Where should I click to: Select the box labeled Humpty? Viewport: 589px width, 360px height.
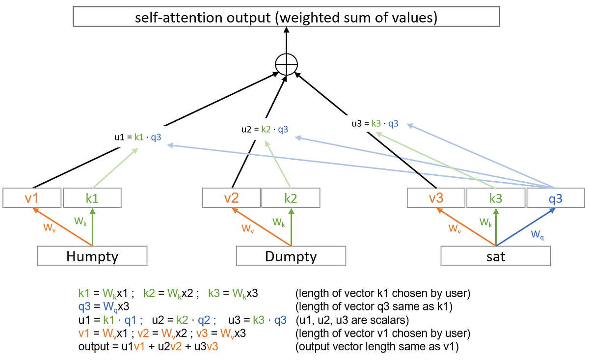pyautogui.click(x=92, y=256)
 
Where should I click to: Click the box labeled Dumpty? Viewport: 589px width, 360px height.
pyautogui.click(x=291, y=256)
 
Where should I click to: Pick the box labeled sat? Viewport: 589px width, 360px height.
pyautogui.click(x=496, y=256)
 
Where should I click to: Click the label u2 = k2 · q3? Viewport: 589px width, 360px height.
pyautogui.click(x=265, y=130)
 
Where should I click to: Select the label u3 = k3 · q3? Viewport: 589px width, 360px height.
pyautogui.click(x=375, y=123)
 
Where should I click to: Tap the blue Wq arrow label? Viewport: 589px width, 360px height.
pyautogui.click(x=538, y=234)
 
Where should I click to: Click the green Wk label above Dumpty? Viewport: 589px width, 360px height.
pyautogui.click(x=279, y=222)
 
